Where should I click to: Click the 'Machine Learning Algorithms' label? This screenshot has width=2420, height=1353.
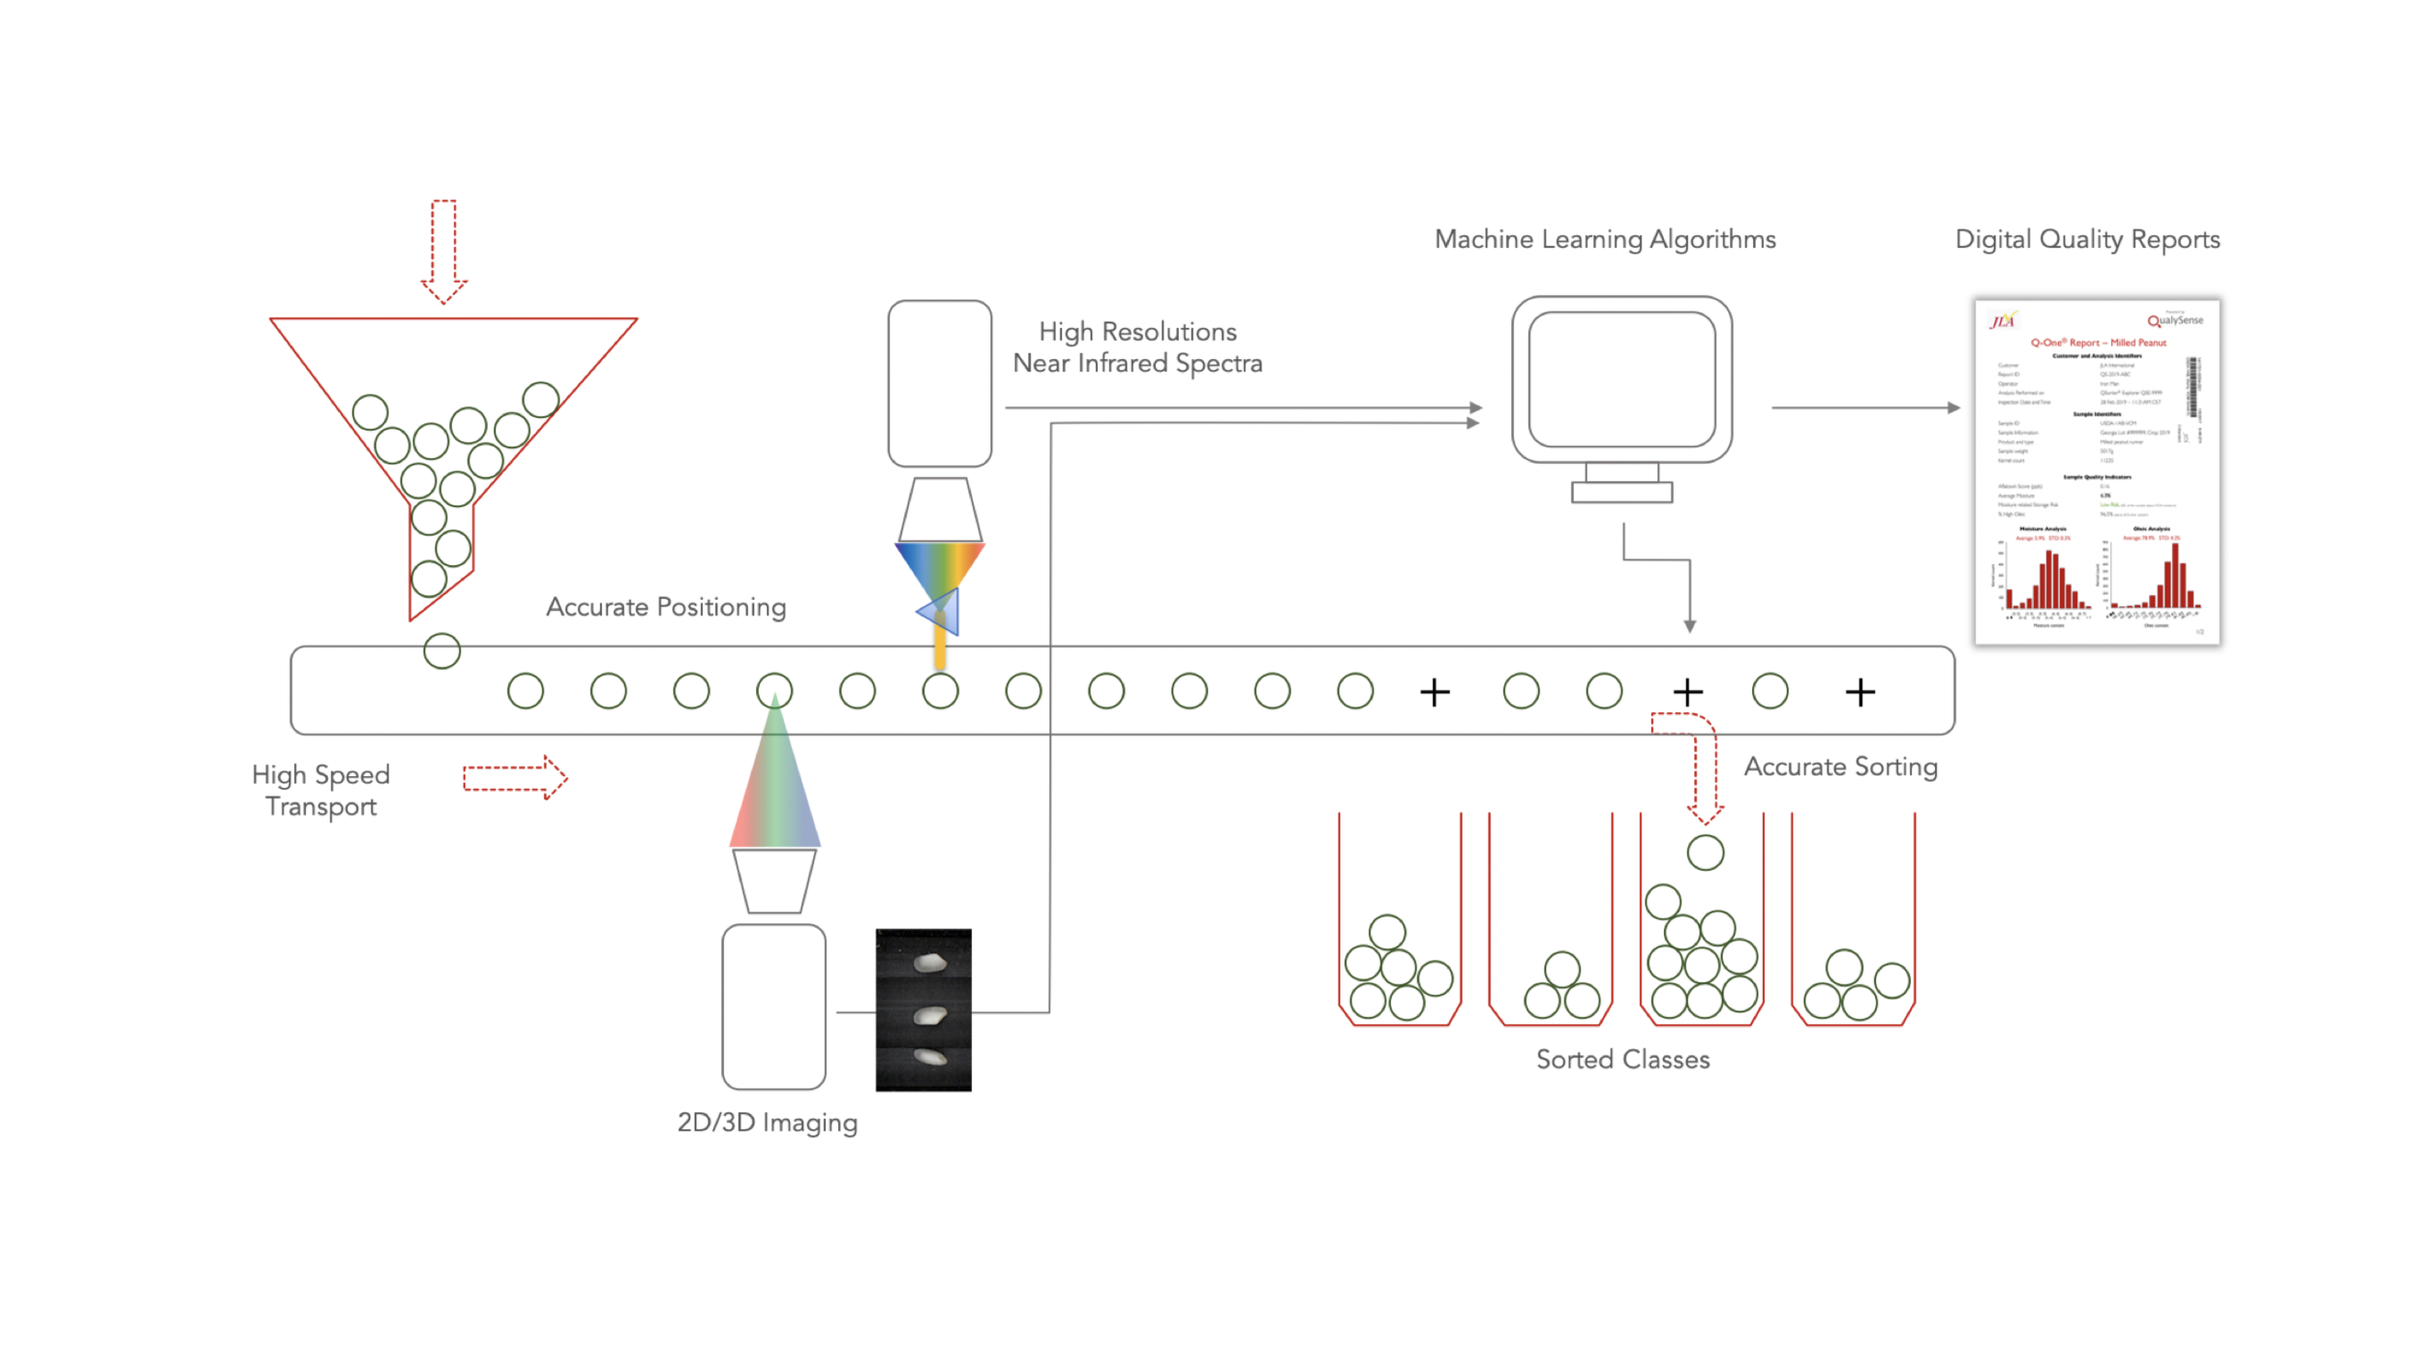[1604, 239]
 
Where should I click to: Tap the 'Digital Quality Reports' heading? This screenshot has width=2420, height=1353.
[2087, 239]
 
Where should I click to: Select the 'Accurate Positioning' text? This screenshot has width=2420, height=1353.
[665, 607]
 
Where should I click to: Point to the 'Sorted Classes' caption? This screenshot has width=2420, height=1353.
[1622, 1059]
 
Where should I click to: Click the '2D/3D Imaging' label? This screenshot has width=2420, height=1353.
[767, 1122]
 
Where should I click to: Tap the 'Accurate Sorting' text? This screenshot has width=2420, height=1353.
[1840, 767]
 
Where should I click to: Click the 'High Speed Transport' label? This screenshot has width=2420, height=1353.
[320, 790]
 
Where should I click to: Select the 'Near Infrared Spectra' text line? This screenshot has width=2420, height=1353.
[1137, 363]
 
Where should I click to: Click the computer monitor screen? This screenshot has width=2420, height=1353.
[1621, 378]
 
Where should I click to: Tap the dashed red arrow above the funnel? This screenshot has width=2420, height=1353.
[444, 250]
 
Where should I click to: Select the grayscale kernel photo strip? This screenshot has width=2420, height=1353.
[923, 1009]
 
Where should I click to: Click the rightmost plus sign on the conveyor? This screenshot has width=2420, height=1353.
[1860, 692]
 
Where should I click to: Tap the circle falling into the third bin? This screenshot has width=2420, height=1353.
[1705, 853]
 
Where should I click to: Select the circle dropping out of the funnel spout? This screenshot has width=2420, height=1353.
[441, 650]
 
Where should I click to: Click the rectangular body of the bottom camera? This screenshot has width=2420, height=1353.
[773, 1007]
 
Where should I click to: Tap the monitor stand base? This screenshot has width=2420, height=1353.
[1621, 493]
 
